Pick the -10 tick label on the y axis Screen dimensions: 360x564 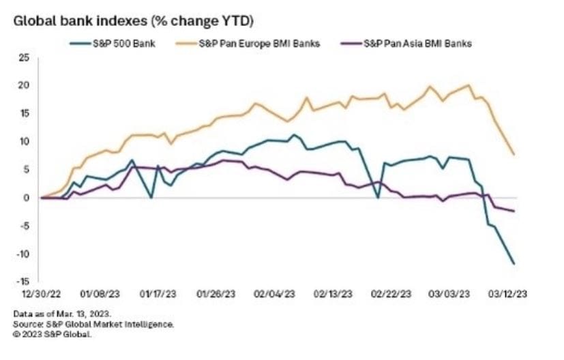click(23, 254)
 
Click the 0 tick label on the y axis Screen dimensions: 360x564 click(26, 198)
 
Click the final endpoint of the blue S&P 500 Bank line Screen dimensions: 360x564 click(514, 264)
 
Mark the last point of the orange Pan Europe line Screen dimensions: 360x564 click(514, 155)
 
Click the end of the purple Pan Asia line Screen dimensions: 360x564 click(514, 211)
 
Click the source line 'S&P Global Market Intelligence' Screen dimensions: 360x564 click(93, 324)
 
